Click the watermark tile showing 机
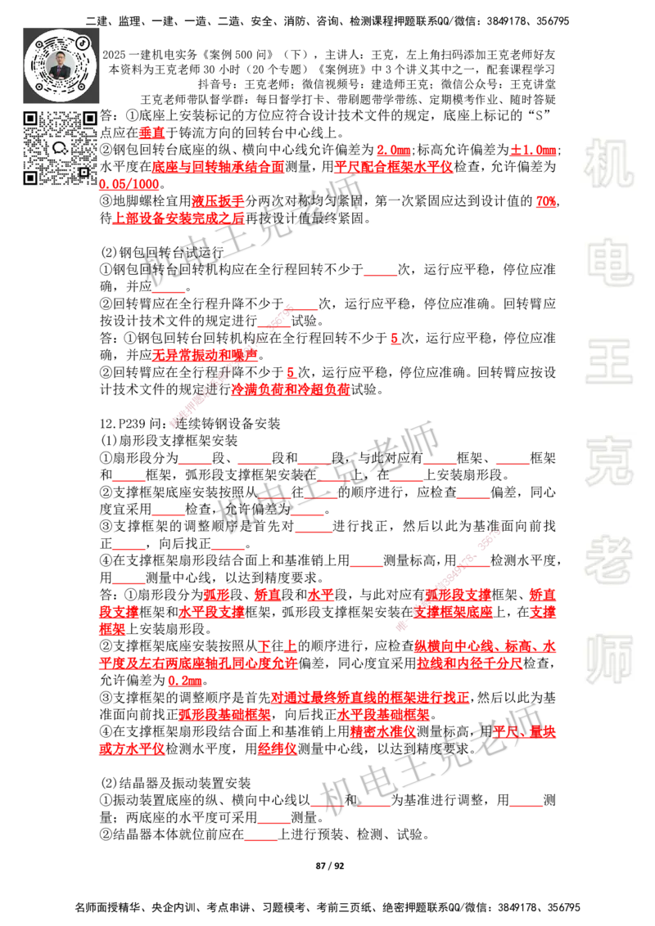point(608,164)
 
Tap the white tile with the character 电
point(612,262)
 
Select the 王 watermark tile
point(608,362)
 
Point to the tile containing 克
point(608,461)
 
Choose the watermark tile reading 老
point(608,560)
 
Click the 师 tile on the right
point(608,660)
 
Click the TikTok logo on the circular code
point(82,42)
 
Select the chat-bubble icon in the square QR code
point(60,148)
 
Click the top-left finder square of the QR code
point(30,119)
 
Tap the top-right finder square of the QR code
point(89,119)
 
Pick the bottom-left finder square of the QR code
point(30,178)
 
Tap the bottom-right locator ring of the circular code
point(82,86)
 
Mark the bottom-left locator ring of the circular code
point(39,86)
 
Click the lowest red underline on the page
point(261,841)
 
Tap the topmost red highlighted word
point(151,133)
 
